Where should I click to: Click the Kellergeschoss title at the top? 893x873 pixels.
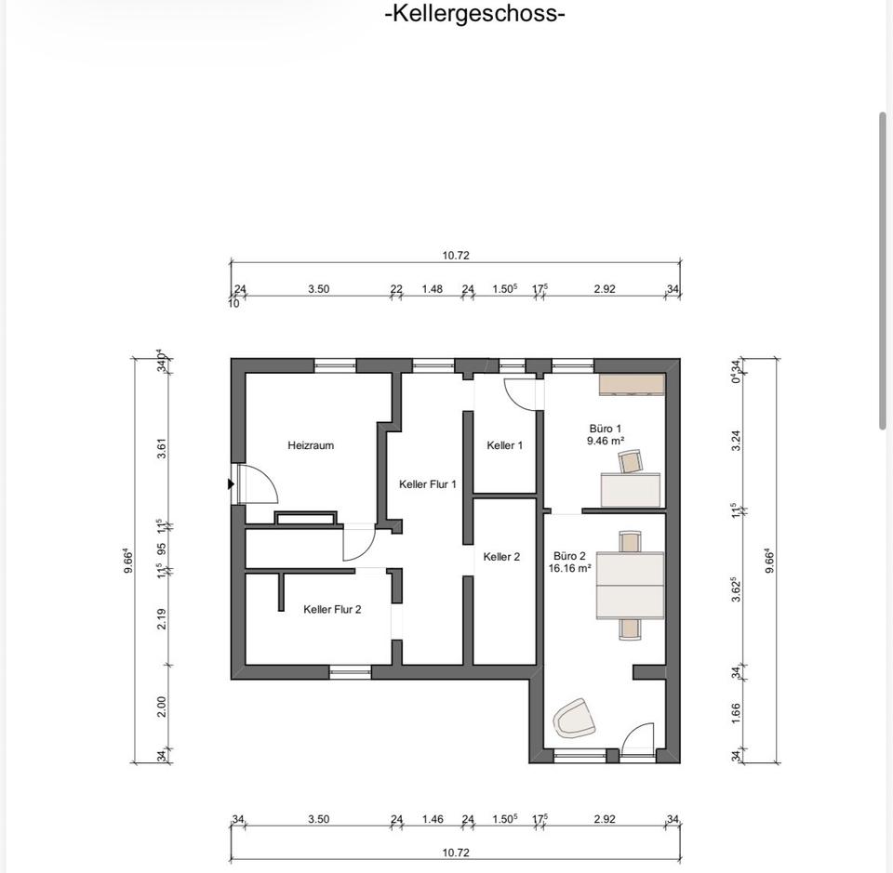pyautogui.click(x=475, y=12)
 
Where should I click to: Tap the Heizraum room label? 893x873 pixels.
pyautogui.click(x=311, y=445)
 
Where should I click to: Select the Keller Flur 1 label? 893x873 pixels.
pyautogui.click(x=428, y=484)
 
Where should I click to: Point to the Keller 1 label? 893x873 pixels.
pyautogui.click(x=504, y=445)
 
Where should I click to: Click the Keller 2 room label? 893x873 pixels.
pyautogui.click(x=501, y=557)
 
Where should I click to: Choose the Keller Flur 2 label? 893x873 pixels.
pyautogui.click(x=332, y=610)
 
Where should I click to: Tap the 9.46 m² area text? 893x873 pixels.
pyautogui.click(x=606, y=441)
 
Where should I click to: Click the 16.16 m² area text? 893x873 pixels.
pyautogui.click(x=569, y=568)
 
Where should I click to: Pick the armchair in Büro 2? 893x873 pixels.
pyautogui.click(x=574, y=719)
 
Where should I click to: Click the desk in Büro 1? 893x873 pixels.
pyautogui.click(x=631, y=490)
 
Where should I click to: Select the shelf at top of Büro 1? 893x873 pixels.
pyautogui.click(x=632, y=385)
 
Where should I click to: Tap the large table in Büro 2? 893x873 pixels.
pyautogui.click(x=630, y=586)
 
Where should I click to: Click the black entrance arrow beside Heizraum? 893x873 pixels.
pyautogui.click(x=231, y=484)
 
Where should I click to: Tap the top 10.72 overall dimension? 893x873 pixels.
pyautogui.click(x=456, y=256)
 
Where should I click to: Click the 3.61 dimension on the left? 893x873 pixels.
pyautogui.click(x=162, y=448)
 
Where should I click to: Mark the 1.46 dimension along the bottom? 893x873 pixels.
pyautogui.click(x=433, y=819)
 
